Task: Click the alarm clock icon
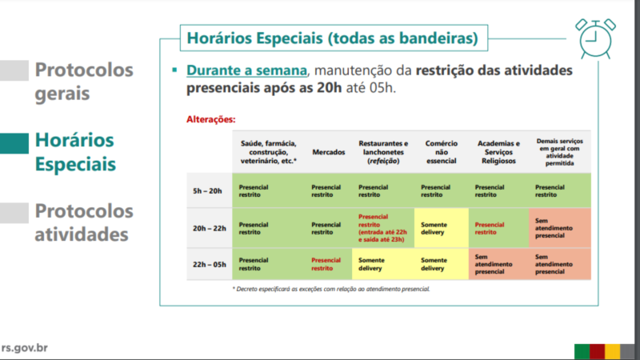(x=595, y=38)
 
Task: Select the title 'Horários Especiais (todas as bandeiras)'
(x=332, y=38)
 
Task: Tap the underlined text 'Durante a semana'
(x=246, y=70)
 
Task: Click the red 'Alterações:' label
(x=211, y=119)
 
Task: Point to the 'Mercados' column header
(x=329, y=152)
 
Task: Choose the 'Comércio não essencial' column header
(x=442, y=152)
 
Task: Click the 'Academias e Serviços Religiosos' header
(x=498, y=152)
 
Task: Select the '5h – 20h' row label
(x=207, y=191)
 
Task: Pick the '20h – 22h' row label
(x=210, y=228)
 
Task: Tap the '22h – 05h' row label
(x=210, y=265)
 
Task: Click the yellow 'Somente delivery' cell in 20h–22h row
(x=442, y=228)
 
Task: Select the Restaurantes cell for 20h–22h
(x=383, y=228)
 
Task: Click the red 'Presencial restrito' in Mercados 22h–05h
(x=326, y=264)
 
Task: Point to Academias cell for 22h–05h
(x=498, y=264)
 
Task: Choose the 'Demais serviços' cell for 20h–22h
(x=559, y=228)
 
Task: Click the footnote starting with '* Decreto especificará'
(x=331, y=289)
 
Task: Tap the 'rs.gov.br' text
(x=25, y=348)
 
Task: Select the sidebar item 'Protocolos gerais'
(x=84, y=82)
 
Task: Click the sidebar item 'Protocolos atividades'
(x=84, y=222)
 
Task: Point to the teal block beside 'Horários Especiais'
(x=14, y=143)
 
